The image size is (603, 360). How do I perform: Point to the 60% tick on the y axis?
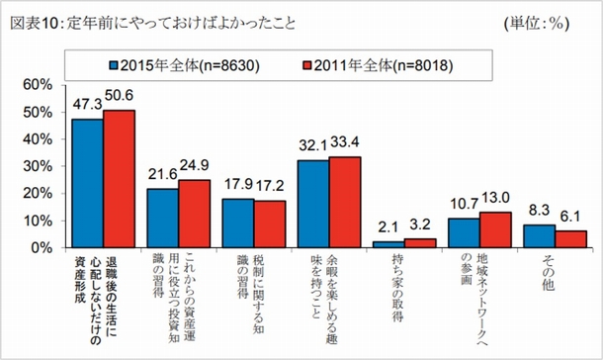pyautogui.click(x=44, y=85)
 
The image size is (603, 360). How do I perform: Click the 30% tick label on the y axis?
pyautogui.click(x=44, y=166)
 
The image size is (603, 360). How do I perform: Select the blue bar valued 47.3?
pyautogui.click(x=88, y=183)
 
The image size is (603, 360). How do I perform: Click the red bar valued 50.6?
pyautogui.click(x=119, y=179)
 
